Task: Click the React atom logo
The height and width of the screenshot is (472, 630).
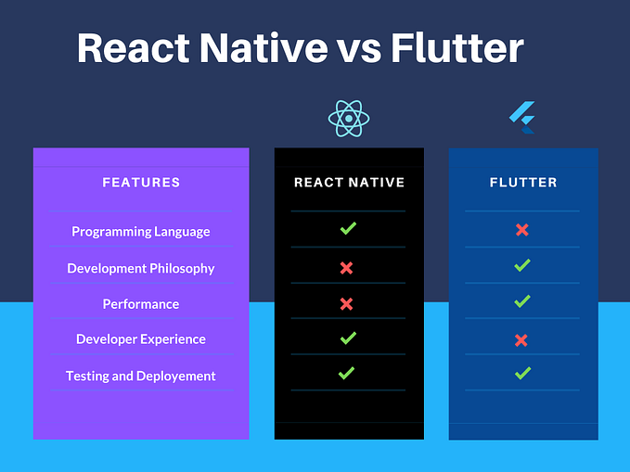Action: point(349,119)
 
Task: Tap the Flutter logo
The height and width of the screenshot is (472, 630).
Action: point(522,117)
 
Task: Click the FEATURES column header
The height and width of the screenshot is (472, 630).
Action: point(141,183)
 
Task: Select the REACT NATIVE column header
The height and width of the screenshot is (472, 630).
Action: point(349,183)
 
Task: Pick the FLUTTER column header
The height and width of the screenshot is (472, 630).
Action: point(523,183)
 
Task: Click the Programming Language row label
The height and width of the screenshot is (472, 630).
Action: point(141,232)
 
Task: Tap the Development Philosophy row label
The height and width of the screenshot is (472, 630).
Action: point(141,268)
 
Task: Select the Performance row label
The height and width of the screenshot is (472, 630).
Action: point(141,304)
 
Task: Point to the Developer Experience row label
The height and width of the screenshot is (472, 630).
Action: point(141,339)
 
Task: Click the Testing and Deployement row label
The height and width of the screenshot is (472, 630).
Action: point(141,376)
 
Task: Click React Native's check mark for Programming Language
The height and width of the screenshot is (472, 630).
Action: point(348,228)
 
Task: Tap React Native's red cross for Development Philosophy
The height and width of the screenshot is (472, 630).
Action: point(346,268)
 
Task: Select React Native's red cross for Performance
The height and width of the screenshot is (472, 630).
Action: point(346,304)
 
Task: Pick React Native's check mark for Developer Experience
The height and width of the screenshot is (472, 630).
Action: point(348,338)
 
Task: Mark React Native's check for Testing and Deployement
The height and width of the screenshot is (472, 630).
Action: point(346,373)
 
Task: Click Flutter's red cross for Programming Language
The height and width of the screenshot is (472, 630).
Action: point(521,230)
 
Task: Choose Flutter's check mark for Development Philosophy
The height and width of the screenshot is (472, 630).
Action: point(522,266)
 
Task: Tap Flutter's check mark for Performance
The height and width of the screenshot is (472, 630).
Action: point(522,301)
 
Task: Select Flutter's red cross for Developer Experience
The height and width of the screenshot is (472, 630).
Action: point(521,340)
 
